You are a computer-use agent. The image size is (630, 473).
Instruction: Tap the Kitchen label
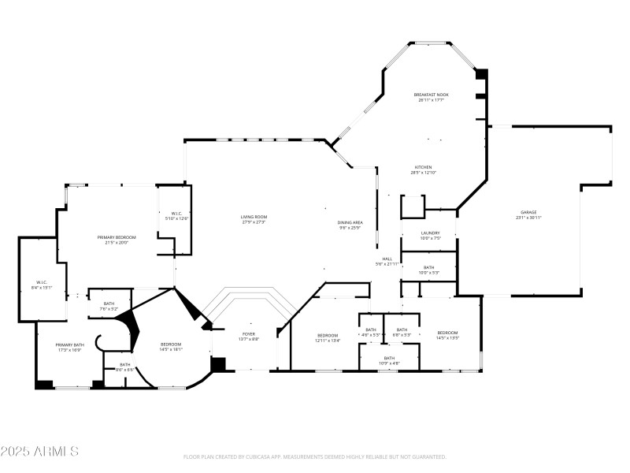coord(424,169)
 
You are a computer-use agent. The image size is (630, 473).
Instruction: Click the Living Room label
coord(254,219)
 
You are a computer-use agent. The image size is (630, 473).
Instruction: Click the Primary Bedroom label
coord(117,240)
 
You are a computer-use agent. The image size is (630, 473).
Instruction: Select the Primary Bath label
coord(69,347)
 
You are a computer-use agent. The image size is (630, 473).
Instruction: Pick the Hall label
coord(387,261)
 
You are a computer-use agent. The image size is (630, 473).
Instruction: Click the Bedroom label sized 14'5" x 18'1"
coord(171,347)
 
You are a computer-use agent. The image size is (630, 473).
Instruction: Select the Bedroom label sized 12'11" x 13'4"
coord(328,337)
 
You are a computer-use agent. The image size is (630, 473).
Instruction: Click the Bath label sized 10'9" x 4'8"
coord(389,360)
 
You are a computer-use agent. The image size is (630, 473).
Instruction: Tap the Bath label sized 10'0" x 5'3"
coord(428,270)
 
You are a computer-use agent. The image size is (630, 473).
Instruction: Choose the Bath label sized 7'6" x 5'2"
coord(109,306)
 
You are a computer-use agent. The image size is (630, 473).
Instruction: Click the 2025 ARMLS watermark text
coord(39,452)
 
